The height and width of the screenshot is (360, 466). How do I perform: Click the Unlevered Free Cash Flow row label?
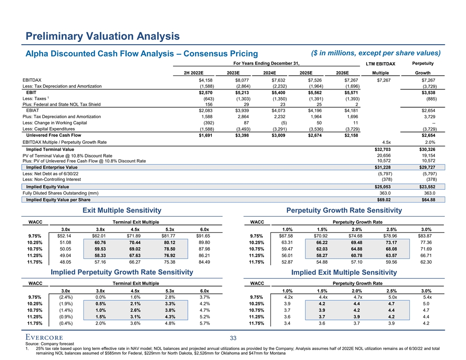click(53, 135)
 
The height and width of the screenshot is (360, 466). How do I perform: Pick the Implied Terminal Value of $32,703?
click(383, 149)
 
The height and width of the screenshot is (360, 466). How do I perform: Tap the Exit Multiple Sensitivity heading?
click(122, 211)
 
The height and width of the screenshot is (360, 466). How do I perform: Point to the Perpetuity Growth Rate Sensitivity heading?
click(344, 211)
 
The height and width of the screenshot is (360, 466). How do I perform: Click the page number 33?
click(233, 338)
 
